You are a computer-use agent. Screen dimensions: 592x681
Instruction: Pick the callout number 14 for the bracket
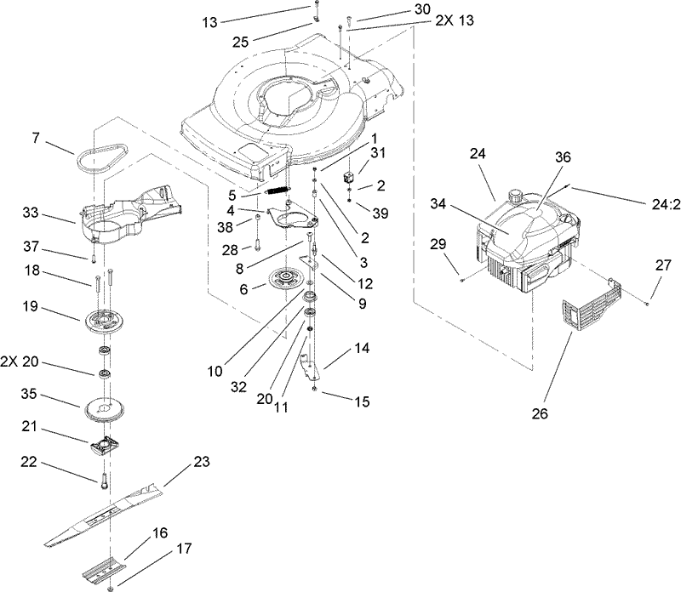(x=363, y=348)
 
